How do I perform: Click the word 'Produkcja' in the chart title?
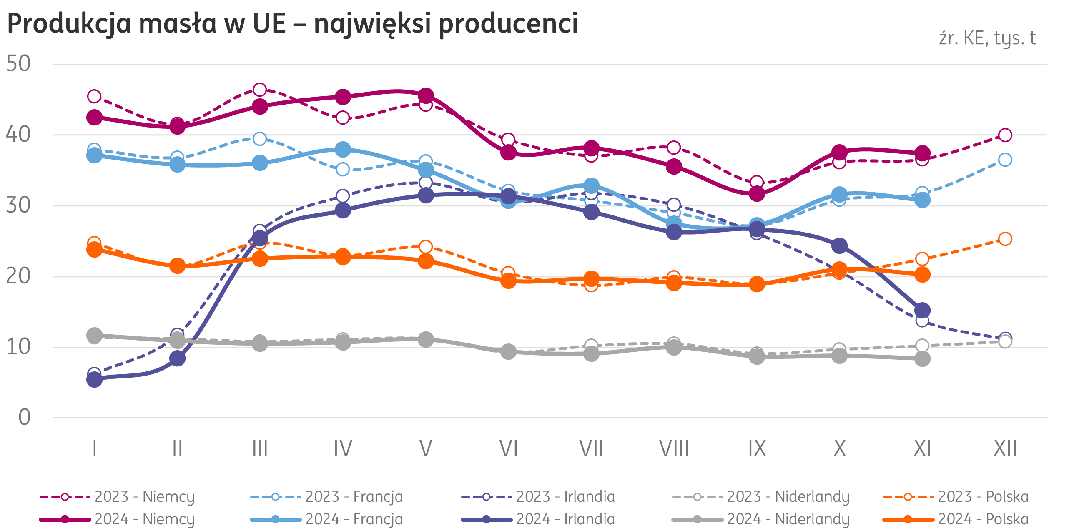pyautogui.click(x=69, y=24)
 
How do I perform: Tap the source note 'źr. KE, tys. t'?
pyautogui.click(x=987, y=38)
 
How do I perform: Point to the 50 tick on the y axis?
pyautogui.click(x=18, y=64)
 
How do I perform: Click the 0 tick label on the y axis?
pyautogui.click(x=25, y=417)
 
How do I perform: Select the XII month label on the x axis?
pyautogui.click(x=1005, y=449)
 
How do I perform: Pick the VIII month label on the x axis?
pyautogui.click(x=674, y=449)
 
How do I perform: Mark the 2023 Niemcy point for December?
pyautogui.click(x=1005, y=135)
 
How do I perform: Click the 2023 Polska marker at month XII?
pyautogui.click(x=1005, y=239)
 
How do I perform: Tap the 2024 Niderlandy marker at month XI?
pyautogui.click(x=922, y=359)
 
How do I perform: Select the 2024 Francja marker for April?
pyautogui.click(x=343, y=149)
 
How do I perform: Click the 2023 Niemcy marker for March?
pyautogui.click(x=260, y=90)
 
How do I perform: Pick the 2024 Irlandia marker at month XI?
pyautogui.click(x=922, y=310)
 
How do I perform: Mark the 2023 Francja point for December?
pyautogui.click(x=1005, y=160)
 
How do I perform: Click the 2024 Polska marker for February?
pyautogui.click(x=177, y=265)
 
